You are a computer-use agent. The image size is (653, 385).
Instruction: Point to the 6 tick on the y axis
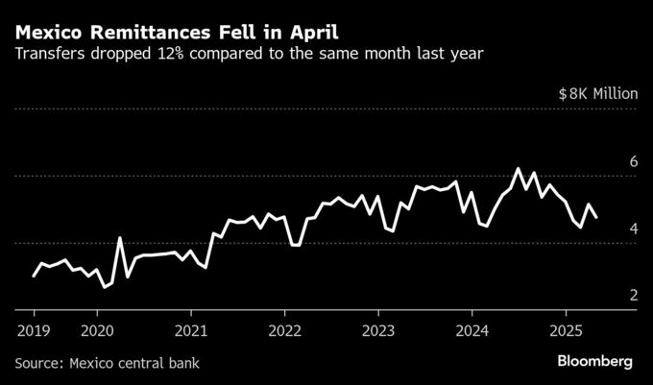tap(633, 161)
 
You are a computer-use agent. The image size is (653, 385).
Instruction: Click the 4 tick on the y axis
tap(633, 229)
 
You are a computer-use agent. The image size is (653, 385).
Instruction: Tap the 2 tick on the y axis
tap(633, 296)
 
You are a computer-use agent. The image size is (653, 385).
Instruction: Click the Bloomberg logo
tap(595, 362)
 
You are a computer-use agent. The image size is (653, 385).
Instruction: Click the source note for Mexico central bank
tap(112, 363)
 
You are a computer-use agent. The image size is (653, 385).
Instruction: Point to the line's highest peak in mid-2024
tap(518, 169)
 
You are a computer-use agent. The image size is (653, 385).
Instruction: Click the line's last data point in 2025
tap(596, 218)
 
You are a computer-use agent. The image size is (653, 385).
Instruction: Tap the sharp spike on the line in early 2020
tap(120, 237)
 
